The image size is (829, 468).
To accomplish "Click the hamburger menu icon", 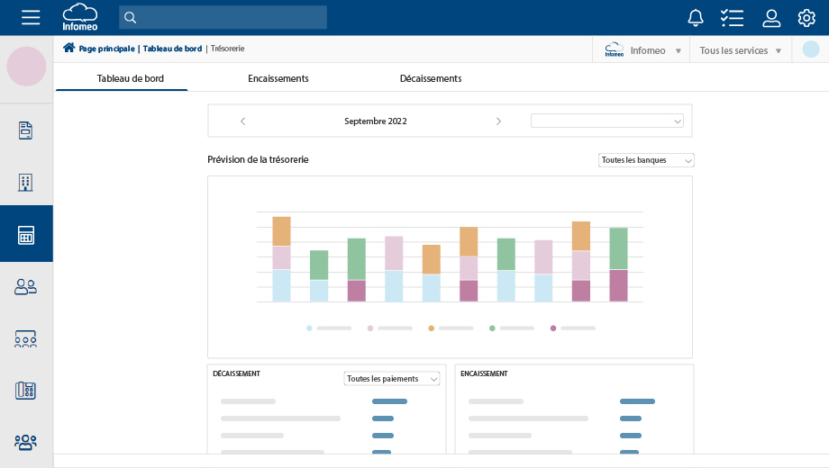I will (31, 17).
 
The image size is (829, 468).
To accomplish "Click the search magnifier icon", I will (130, 17).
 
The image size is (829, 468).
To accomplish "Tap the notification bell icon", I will (696, 17).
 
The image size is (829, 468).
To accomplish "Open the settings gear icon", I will (806, 17).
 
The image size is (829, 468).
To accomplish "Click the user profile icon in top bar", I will (771, 17).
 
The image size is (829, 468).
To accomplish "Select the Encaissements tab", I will (278, 78).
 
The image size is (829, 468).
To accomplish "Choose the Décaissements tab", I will (431, 78).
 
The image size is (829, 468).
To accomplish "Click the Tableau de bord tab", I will (131, 78).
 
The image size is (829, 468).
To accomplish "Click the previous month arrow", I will (242, 121).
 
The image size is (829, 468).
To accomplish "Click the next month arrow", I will (498, 121).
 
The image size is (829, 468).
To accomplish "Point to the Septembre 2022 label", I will (375, 121).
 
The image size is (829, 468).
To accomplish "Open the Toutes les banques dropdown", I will (646, 160).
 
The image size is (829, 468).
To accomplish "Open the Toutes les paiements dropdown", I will (392, 379).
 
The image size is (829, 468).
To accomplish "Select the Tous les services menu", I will (740, 50).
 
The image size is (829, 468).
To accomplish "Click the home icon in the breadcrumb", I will (68, 48).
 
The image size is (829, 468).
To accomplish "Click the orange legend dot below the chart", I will (432, 328).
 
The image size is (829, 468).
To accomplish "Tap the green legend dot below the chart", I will (492, 328).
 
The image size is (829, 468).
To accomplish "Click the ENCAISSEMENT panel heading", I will (484, 373).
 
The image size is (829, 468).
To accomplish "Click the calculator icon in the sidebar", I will (26, 235).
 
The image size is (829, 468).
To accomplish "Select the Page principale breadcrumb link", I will (107, 49).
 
